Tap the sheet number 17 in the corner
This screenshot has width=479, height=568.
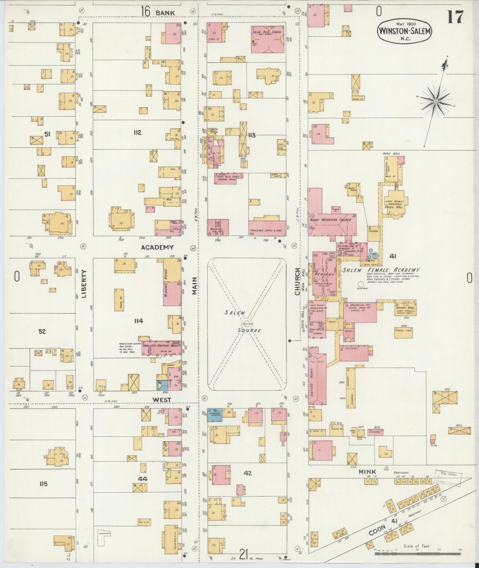tap(455, 17)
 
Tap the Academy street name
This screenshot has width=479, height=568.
tap(157, 247)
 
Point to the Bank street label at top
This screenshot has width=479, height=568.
tap(165, 12)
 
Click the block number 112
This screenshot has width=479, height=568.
tap(137, 133)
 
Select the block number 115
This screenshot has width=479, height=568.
tap(43, 484)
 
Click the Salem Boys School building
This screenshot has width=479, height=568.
tap(267, 39)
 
